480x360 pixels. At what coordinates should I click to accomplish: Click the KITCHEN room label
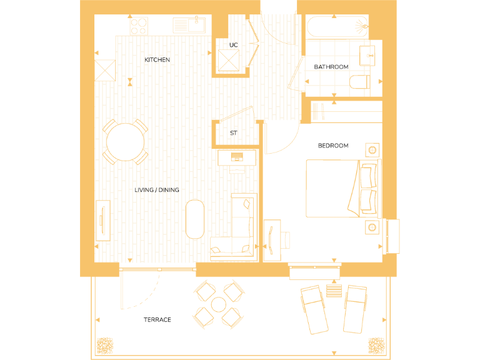pyautogui.click(x=157, y=60)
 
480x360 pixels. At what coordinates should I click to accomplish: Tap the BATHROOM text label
pyautogui.click(x=331, y=67)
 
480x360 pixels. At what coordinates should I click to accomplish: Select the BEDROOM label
pyautogui.click(x=333, y=146)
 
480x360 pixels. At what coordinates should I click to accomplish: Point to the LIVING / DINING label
pyautogui.click(x=157, y=189)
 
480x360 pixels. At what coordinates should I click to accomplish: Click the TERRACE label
pyautogui.click(x=157, y=319)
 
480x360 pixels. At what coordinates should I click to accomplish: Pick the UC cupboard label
pyautogui.click(x=234, y=45)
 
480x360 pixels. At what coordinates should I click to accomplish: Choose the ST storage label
pyautogui.click(x=234, y=133)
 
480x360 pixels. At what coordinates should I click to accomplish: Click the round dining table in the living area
pyautogui.click(x=125, y=142)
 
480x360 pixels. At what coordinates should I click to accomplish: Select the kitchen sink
pyautogui.click(x=189, y=25)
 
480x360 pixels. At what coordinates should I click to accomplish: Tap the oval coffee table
pyautogui.click(x=195, y=218)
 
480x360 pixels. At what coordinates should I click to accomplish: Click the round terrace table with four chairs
pyautogui.click(x=218, y=304)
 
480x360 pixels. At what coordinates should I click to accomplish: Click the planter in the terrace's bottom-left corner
pyautogui.click(x=104, y=345)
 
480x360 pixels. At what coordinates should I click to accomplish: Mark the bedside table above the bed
pyautogui.click(x=373, y=150)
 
